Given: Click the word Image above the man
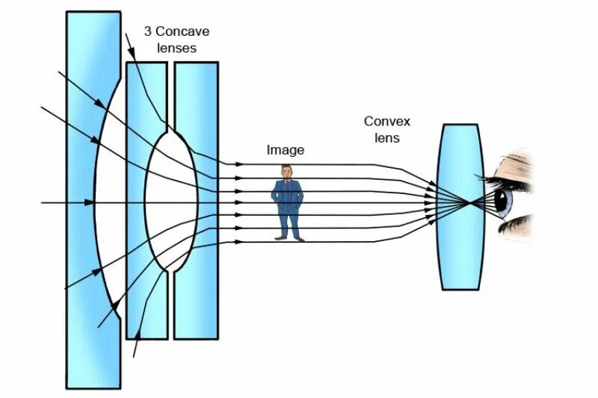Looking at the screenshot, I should click(286, 150).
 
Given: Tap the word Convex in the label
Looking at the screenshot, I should click(386, 121).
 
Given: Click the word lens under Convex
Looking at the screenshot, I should click(386, 138).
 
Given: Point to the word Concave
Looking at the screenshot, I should click(184, 32).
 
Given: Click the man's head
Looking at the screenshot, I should click(287, 172).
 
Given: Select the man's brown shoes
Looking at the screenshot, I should click(288, 237).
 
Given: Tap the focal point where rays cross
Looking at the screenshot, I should click(469, 202).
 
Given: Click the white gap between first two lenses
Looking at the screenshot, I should click(112, 202).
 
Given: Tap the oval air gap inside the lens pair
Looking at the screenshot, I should click(170, 202).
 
